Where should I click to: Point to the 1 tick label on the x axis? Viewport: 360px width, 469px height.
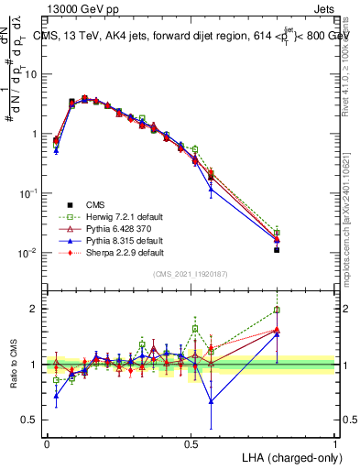coord(334,442)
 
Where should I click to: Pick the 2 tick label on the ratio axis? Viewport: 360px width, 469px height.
coord(36,309)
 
